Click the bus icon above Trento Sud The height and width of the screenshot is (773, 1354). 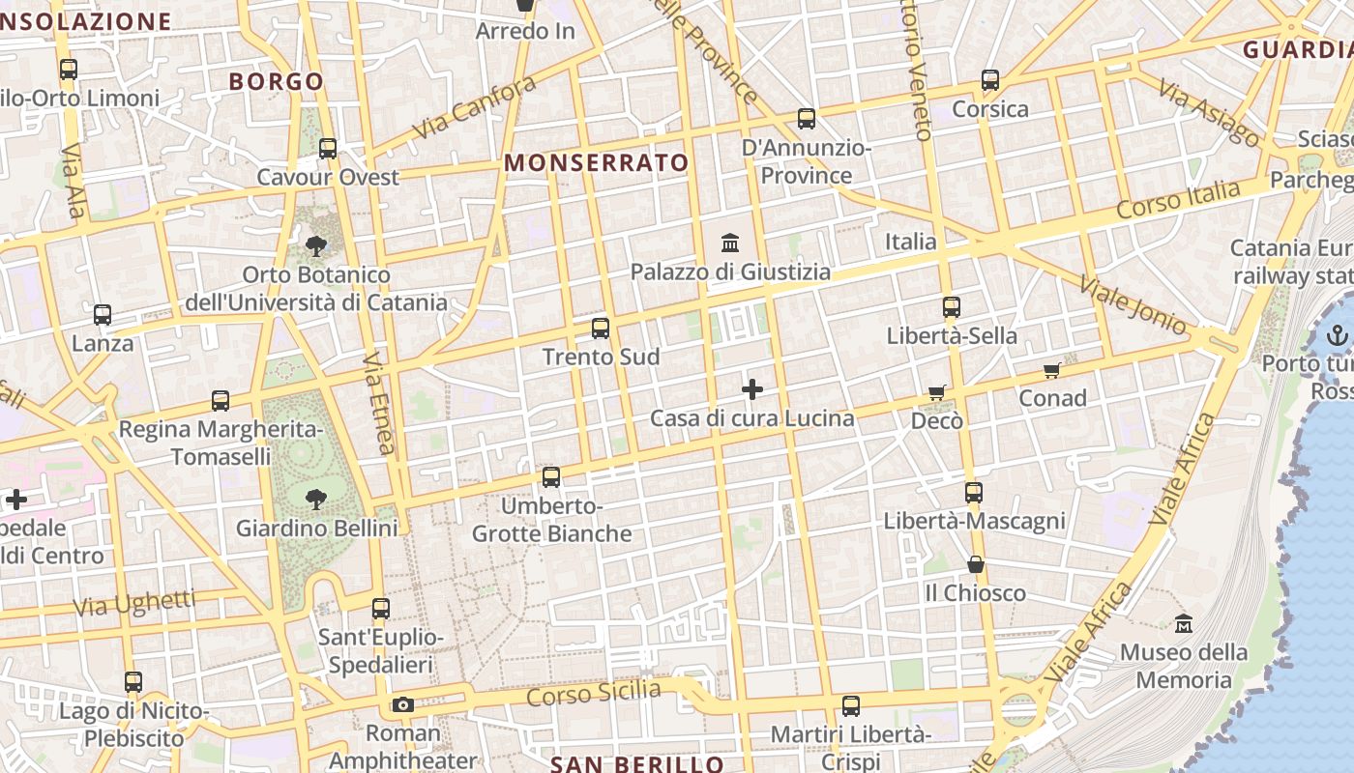[x=601, y=329]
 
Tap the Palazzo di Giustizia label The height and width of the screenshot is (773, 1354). [x=730, y=272]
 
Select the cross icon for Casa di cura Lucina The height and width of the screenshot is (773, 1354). [x=752, y=389]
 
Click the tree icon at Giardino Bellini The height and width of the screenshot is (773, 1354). [x=315, y=499]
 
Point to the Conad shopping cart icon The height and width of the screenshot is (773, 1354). [x=1052, y=371]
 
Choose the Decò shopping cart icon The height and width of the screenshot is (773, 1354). [x=936, y=392]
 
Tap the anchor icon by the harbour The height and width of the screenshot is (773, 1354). [x=1337, y=336]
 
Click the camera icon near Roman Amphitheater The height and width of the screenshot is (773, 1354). [x=403, y=704]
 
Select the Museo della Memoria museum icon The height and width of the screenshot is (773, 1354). [x=1184, y=624]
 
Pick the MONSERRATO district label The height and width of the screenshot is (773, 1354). [x=596, y=162]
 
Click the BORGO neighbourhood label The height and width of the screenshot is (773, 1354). [x=276, y=81]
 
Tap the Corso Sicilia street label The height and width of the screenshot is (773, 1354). [x=594, y=694]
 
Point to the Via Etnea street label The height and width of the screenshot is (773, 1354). [x=380, y=404]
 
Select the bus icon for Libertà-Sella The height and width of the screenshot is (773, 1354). [x=952, y=307]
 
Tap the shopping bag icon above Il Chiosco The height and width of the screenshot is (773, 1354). [x=976, y=564]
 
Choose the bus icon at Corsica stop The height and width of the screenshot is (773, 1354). [x=990, y=80]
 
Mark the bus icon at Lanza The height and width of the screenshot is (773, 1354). [x=103, y=315]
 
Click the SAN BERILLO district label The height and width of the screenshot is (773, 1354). [x=636, y=764]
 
